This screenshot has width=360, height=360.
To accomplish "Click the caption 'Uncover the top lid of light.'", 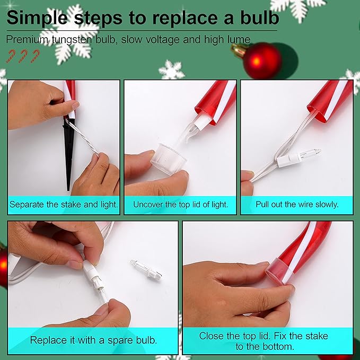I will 180,204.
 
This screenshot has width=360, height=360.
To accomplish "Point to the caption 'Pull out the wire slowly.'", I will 297,204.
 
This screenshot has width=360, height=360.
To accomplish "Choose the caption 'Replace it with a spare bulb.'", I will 93,340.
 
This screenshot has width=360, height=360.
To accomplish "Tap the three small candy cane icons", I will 23,55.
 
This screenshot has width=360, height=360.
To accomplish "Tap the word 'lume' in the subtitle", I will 239,40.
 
